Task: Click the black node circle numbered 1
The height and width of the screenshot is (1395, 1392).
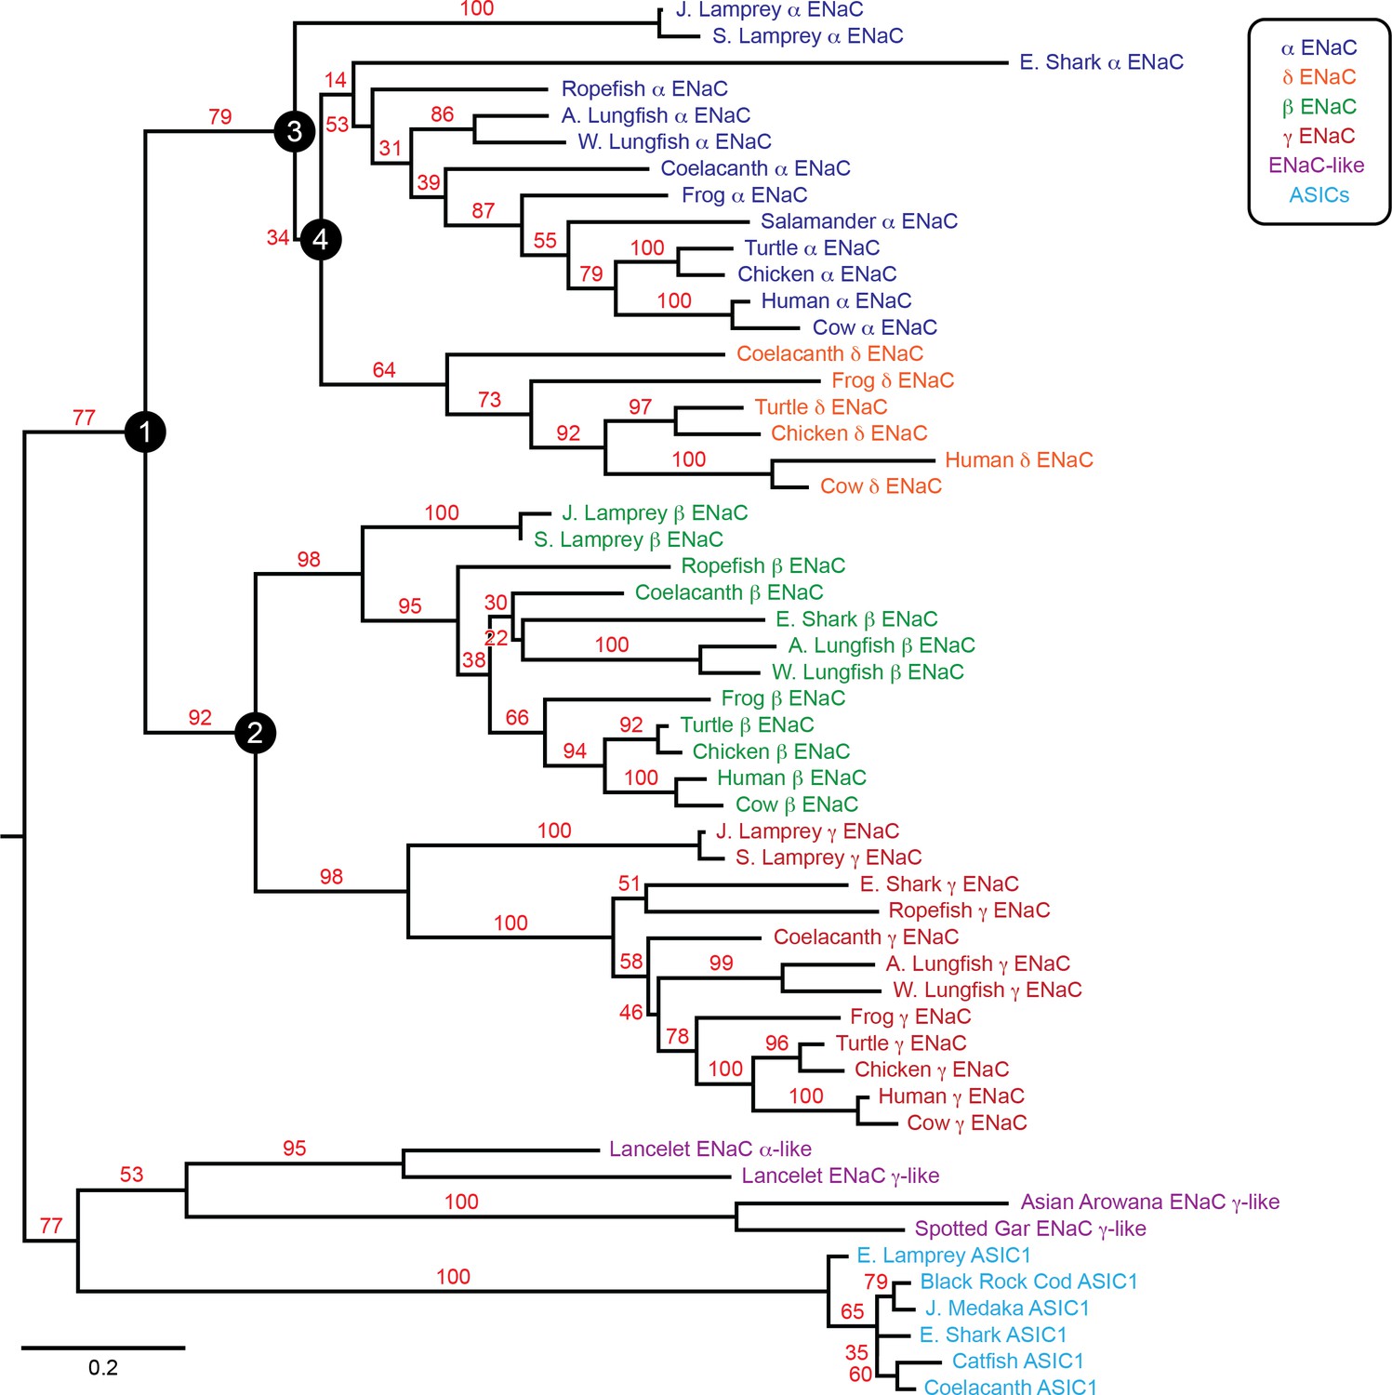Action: (145, 432)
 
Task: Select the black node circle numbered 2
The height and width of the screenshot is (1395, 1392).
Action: (255, 733)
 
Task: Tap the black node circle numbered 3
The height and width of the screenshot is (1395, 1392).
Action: (295, 131)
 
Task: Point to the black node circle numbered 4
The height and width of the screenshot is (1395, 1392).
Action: (321, 240)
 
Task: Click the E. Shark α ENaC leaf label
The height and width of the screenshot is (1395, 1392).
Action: (1101, 62)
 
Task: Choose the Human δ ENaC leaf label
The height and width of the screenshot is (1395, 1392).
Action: (1018, 460)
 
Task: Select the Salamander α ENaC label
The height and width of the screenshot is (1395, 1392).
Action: (858, 221)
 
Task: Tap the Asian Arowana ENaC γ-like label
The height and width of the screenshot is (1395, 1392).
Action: (1149, 1202)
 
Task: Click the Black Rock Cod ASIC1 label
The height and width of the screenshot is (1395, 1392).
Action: (1028, 1282)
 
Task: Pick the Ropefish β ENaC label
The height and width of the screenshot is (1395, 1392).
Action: (762, 565)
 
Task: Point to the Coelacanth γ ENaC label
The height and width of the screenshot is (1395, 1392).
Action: (866, 937)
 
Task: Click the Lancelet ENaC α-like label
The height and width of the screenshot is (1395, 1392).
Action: (709, 1149)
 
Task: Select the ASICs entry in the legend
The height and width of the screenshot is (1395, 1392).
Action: (1319, 195)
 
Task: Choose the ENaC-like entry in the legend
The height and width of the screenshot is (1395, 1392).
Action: (1316, 166)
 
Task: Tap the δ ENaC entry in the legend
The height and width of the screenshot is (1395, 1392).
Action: (1319, 77)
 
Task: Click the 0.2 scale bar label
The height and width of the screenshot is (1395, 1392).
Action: (103, 1368)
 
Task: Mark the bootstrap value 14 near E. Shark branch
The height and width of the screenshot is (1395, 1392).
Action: (336, 80)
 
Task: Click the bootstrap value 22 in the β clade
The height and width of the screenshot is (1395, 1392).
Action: (497, 638)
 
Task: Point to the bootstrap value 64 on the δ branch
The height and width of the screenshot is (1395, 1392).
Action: (384, 370)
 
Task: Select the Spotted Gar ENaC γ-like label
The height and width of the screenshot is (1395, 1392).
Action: (1029, 1229)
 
